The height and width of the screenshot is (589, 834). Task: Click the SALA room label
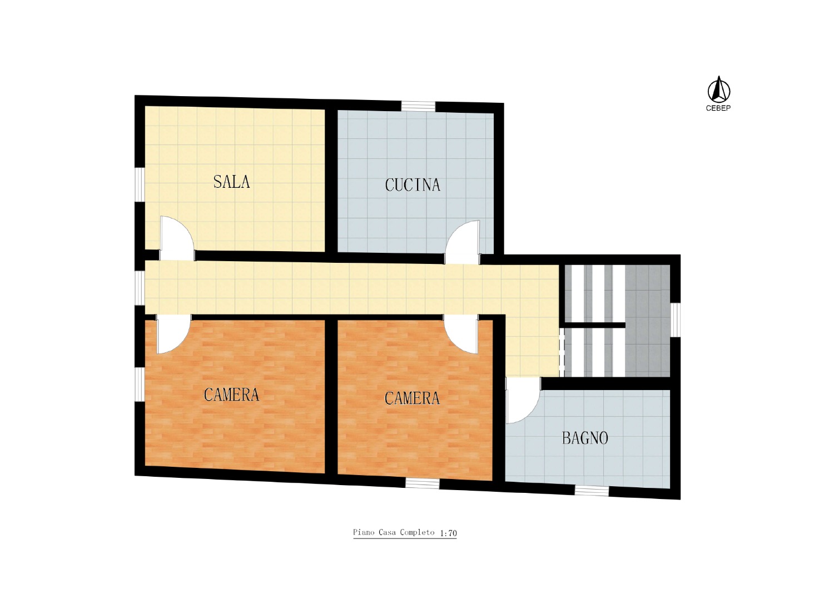(x=231, y=182)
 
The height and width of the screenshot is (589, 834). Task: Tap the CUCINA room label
(x=413, y=185)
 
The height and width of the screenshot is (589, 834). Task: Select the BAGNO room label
(x=585, y=438)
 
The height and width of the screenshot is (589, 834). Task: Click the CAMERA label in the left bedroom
(x=231, y=395)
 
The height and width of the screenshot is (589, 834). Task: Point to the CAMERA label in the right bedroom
(x=412, y=398)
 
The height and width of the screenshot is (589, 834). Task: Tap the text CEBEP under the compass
(x=718, y=108)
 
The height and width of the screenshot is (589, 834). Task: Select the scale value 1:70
(x=448, y=533)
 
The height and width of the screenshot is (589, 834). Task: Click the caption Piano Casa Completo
(x=394, y=532)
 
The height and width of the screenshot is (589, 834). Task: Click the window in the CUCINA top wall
(x=418, y=106)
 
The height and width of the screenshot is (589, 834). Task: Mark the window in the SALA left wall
(x=139, y=185)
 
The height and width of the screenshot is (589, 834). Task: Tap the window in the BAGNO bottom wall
(x=592, y=491)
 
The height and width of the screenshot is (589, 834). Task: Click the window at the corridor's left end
(x=139, y=288)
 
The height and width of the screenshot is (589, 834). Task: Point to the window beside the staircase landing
(x=676, y=320)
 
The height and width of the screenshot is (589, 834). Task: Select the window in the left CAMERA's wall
(x=139, y=385)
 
